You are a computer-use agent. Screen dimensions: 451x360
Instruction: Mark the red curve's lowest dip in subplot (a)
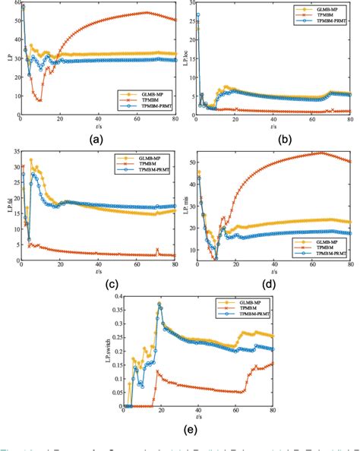tap(39, 100)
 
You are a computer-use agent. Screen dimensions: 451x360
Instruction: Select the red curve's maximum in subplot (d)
tap(321, 153)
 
